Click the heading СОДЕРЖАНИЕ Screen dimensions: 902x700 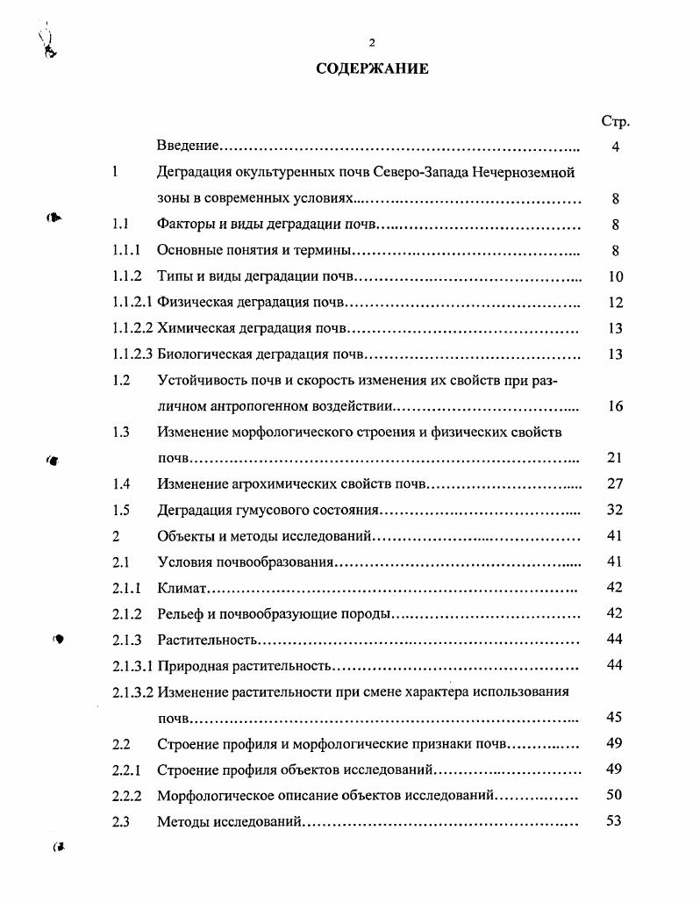point(372,68)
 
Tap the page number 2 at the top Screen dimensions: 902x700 point(372,42)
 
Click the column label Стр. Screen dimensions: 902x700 point(616,121)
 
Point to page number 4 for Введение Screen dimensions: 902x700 point(616,147)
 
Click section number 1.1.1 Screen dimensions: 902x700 point(127,251)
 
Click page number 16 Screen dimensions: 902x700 point(616,407)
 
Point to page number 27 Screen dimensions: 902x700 point(616,483)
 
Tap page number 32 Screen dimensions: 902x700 point(616,510)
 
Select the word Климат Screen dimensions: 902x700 point(182,588)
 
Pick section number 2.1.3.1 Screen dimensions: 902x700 point(133,666)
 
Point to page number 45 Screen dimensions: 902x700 point(616,718)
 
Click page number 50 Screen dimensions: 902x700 point(616,796)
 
